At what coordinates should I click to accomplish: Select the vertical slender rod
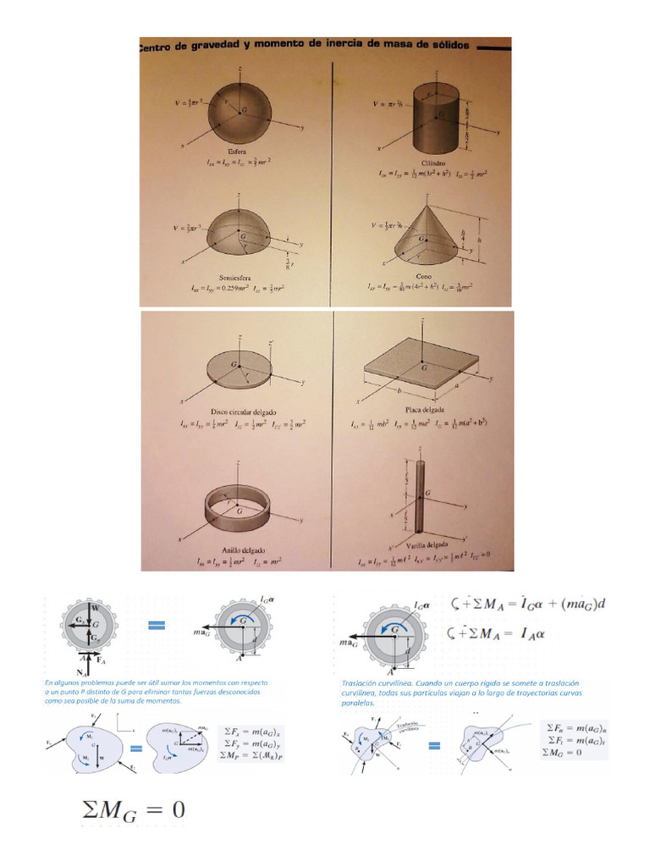pyautogui.click(x=419, y=495)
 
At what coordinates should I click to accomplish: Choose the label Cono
pyautogui.click(x=424, y=276)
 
